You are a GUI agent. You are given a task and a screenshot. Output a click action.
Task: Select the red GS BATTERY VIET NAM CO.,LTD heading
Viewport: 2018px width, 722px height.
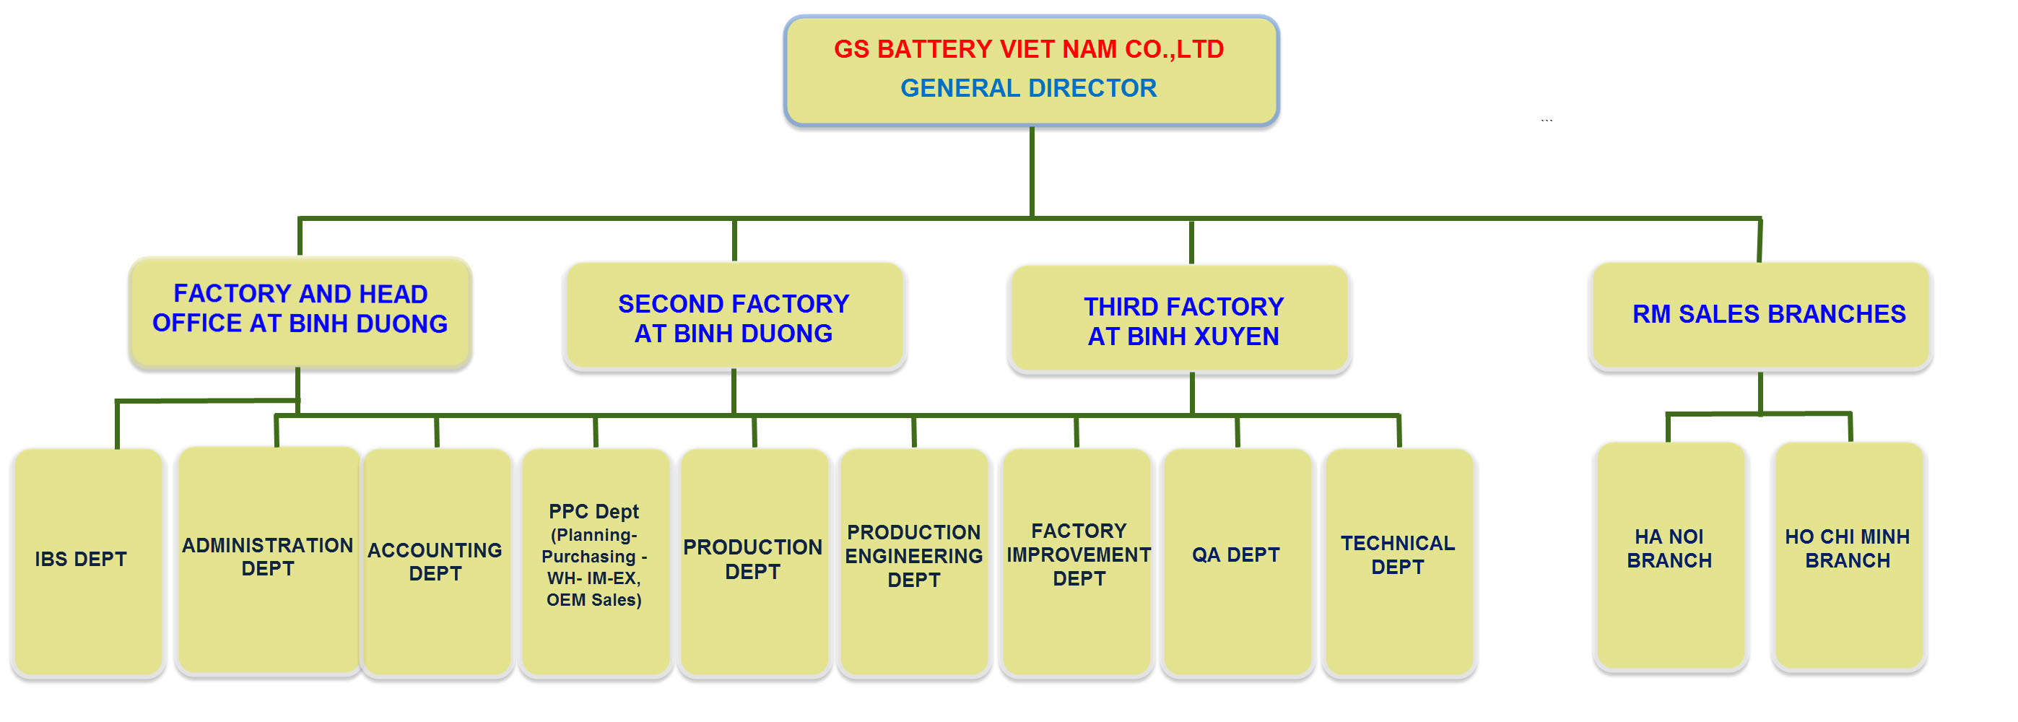pyautogui.click(x=1028, y=49)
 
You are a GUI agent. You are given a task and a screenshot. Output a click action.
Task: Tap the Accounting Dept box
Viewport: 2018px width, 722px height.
pyautogui.click(x=435, y=562)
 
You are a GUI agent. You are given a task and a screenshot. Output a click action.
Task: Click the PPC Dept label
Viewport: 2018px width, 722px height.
pyautogui.click(x=593, y=511)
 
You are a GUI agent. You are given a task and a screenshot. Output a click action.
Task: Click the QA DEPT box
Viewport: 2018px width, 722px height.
pyautogui.click(x=1236, y=555)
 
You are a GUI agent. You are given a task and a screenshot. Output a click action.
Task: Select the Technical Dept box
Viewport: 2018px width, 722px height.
pyautogui.click(x=1398, y=555)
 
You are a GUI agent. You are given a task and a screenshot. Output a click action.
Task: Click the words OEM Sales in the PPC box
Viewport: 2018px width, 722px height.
pyautogui.click(x=593, y=600)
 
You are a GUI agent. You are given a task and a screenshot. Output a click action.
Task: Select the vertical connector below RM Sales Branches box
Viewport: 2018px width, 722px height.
pyautogui.click(x=1760, y=391)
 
